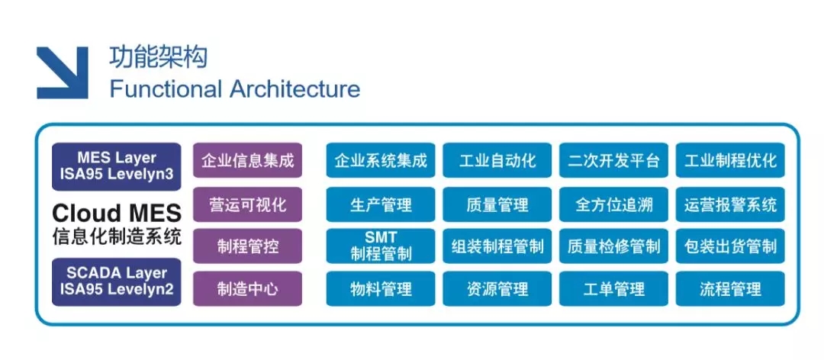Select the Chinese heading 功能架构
coord(159,57)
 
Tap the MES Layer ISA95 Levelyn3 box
coord(117,166)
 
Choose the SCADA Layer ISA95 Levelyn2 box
coord(117,281)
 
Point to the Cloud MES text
coord(117,212)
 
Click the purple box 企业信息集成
coord(247,161)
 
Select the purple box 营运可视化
coord(247,204)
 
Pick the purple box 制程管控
coord(247,246)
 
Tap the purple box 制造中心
coord(247,289)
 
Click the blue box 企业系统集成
coord(381,161)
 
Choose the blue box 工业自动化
coord(497,161)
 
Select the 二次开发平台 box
coord(614,161)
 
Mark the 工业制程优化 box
coord(730,161)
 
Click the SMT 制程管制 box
coord(381,246)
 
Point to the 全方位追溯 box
coord(614,204)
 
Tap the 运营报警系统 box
coord(730,204)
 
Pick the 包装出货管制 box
coord(730,246)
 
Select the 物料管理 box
coord(381,289)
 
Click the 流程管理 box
coord(730,289)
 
